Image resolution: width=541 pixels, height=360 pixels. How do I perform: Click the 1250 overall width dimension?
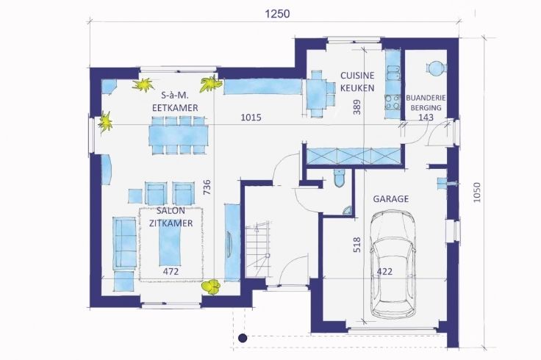277,14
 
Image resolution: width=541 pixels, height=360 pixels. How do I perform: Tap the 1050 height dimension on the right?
476,192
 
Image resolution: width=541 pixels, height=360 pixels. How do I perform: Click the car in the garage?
393,264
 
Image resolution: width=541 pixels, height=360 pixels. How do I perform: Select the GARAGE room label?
391,199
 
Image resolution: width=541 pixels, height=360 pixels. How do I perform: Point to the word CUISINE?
357,76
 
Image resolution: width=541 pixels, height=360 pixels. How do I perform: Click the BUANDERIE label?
426,98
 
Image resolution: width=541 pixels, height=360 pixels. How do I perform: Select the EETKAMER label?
175,107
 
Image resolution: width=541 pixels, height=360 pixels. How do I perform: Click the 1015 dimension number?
251,118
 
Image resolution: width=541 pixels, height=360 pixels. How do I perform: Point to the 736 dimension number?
207,187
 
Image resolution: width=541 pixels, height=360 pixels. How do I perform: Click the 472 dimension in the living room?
171,272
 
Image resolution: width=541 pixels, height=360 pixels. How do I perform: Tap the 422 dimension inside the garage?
384,272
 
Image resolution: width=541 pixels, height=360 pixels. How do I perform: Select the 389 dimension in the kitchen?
357,107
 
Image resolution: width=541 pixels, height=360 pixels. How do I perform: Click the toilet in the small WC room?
339,179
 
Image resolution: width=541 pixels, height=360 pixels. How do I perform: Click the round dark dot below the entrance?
243,338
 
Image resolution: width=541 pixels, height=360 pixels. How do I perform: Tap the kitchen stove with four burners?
393,101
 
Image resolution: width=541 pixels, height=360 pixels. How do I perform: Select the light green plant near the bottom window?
211,287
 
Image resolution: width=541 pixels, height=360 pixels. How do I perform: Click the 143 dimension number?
426,118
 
